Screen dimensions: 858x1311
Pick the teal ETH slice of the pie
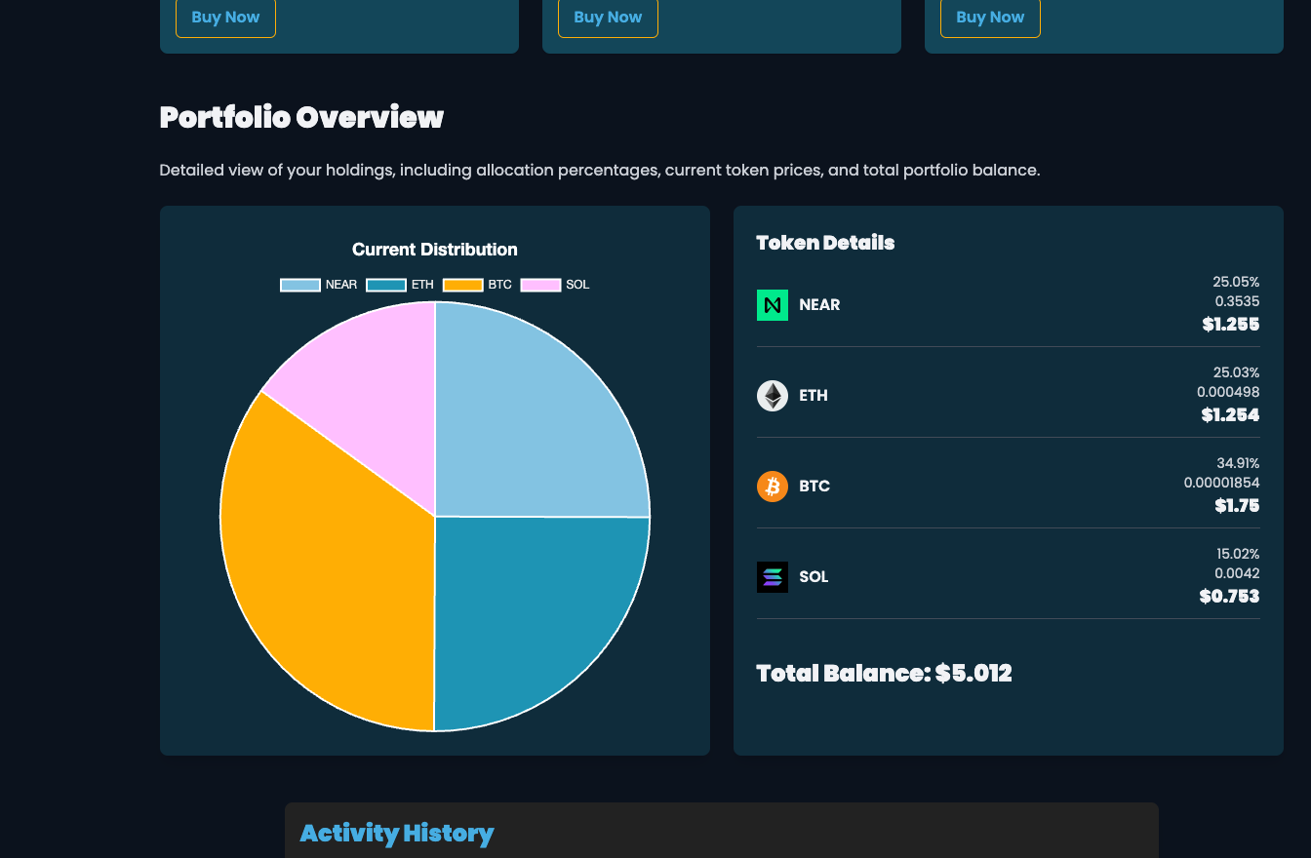pos(527,614)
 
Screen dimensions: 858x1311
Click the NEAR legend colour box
pos(299,285)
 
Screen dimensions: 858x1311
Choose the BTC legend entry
pos(477,285)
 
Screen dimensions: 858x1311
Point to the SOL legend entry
pos(555,285)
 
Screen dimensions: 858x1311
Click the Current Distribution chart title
pos(434,250)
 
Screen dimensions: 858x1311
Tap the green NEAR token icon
pos(772,305)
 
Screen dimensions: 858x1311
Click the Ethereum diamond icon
pos(772,396)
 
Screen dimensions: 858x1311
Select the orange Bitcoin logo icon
pos(772,487)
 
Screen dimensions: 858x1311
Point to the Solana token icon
pos(772,577)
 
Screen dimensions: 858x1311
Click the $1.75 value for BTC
pos(1236,505)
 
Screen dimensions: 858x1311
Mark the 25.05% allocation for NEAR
pos(1236,282)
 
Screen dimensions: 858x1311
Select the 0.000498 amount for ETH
pos(1227,392)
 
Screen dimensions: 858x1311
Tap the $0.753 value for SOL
pos(1229,596)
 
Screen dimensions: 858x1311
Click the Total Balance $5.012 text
pos(884,673)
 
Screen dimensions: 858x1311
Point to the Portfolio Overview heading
pos(301,117)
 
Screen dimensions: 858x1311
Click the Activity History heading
pos(397,833)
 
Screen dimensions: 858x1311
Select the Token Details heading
pos(825,243)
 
